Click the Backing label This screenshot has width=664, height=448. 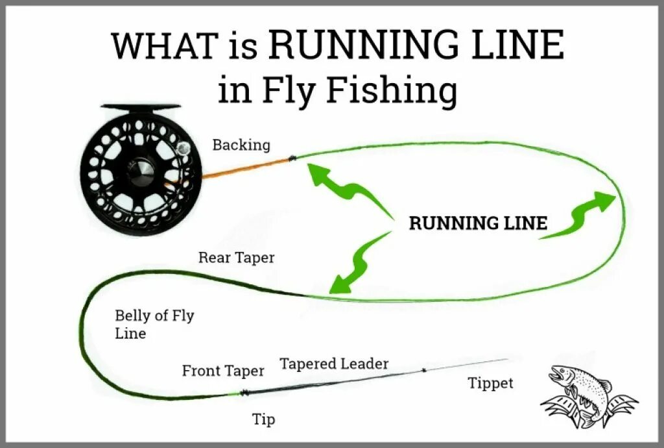241,145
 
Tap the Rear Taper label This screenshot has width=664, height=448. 236,258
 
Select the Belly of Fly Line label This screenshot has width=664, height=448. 154,325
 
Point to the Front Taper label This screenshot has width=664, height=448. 222,371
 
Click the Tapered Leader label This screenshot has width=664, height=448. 334,364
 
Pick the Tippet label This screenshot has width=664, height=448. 490,384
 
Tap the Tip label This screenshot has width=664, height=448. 263,419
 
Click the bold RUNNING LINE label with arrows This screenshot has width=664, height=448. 478,224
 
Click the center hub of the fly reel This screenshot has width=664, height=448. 140,170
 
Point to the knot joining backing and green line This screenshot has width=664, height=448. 292,158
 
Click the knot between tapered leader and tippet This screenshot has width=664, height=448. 423,371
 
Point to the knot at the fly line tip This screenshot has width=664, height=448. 244,392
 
